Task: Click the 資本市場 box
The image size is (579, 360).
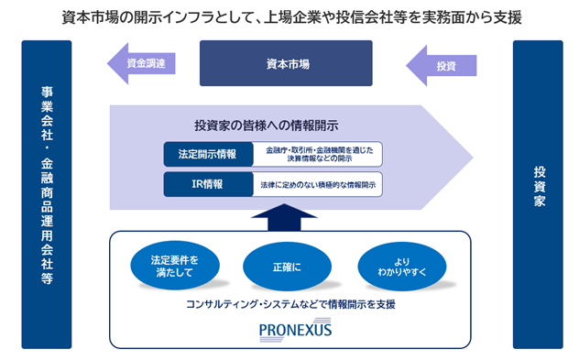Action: click(x=286, y=63)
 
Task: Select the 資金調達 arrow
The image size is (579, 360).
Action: click(x=141, y=63)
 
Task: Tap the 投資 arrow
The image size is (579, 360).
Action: click(x=442, y=66)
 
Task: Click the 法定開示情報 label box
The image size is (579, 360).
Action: click(x=208, y=154)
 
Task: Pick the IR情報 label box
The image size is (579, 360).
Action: click(x=208, y=184)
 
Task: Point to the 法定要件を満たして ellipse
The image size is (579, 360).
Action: click(x=175, y=266)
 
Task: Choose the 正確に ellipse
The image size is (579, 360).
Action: click(x=287, y=267)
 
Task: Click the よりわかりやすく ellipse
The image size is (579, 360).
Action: click(x=402, y=267)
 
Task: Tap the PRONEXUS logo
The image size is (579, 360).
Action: click(x=295, y=330)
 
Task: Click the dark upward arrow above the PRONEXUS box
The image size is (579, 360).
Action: click(x=284, y=217)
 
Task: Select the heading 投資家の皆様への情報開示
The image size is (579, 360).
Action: click(x=267, y=125)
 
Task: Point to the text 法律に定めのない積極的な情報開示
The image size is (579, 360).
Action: click(x=318, y=185)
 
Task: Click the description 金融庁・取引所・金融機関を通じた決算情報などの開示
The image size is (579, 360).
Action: click(x=320, y=154)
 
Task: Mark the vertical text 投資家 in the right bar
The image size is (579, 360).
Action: click(x=539, y=187)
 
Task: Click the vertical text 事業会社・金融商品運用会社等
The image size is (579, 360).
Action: click(x=47, y=185)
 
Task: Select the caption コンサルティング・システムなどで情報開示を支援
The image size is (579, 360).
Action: click(x=290, y=304)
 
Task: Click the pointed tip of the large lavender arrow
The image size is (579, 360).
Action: click(x=473, y=158)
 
